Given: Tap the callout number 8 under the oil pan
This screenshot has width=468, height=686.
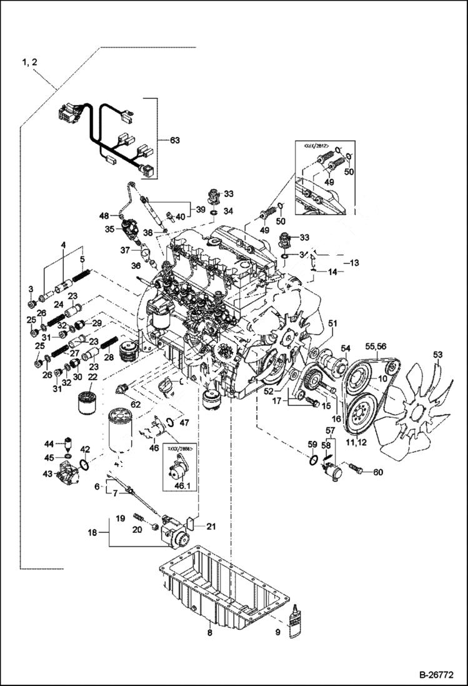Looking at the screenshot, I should pos(210,633).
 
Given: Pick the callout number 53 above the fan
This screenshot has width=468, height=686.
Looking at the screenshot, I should pos(437,355).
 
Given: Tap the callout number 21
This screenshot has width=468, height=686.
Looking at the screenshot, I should pos(211,527).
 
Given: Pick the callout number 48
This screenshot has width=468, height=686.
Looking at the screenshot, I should pos(104,216).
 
